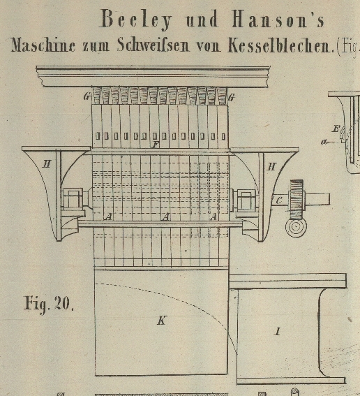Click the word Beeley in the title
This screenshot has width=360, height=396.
pos(137,20)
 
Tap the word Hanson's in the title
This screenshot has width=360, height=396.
pos(278,20)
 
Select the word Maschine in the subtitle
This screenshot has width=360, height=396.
pos(43,46)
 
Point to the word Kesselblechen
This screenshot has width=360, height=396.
pos(280,45)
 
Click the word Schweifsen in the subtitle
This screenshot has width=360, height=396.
pos(153,45)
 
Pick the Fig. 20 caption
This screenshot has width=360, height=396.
pos(48,304)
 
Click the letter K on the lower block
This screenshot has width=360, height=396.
pos(161,321)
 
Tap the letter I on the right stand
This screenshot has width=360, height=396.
pos(278,331)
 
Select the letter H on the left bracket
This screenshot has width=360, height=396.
pos(47,164)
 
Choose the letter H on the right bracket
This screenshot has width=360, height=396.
pos(271,167)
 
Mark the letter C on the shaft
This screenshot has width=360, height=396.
pos(279,200)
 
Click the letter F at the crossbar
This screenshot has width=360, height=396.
pos(156,145)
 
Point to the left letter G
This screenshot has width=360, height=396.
pos(87,96)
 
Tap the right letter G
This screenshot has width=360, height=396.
pos(232,97)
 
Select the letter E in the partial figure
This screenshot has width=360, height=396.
pos(336,129)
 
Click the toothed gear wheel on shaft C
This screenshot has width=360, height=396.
pos(297,200)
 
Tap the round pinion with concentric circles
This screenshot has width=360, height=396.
pos(297,227)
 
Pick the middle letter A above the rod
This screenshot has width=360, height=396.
pos(165,217)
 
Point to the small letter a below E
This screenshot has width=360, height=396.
pos(324,142)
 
